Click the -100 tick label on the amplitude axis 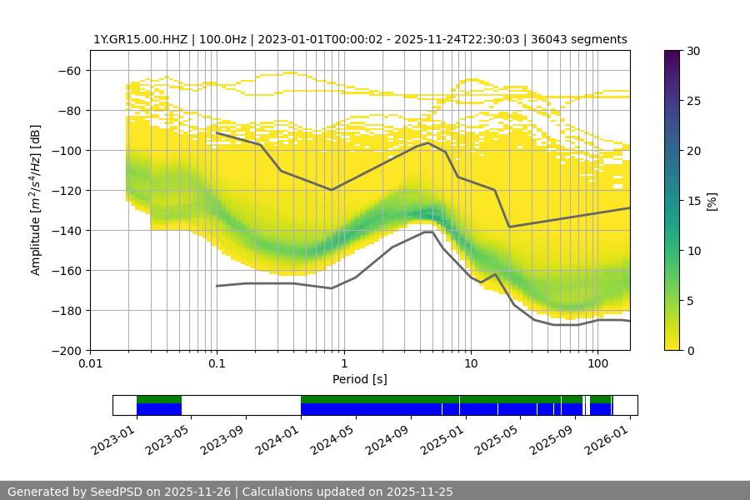69,150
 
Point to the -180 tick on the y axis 69,310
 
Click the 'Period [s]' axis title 360,379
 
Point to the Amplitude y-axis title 36,200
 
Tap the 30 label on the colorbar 692,51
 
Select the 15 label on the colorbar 692,201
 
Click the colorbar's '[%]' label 711,200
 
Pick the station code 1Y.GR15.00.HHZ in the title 133,39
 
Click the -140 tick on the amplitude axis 69,230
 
